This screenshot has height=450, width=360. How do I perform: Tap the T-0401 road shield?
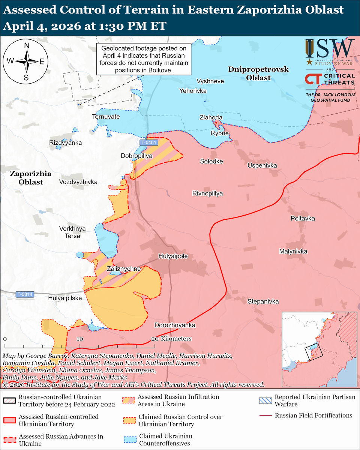tap(149, 142)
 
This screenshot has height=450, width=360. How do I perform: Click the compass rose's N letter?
tap(27, 46)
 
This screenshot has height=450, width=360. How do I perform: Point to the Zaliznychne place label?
tap(124, 269)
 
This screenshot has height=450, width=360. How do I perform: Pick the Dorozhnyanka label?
tap(175, 325)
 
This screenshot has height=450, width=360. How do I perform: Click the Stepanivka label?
tap(263, 301)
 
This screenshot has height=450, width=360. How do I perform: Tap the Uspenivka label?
tap(262, 165)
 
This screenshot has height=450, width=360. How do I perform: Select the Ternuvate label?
tap(106, 117)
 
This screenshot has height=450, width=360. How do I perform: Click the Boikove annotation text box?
tap(144, 59)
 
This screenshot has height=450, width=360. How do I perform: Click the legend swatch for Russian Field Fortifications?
tap(265, 415)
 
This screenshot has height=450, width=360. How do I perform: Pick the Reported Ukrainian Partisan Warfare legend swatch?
tap(265, 400)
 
